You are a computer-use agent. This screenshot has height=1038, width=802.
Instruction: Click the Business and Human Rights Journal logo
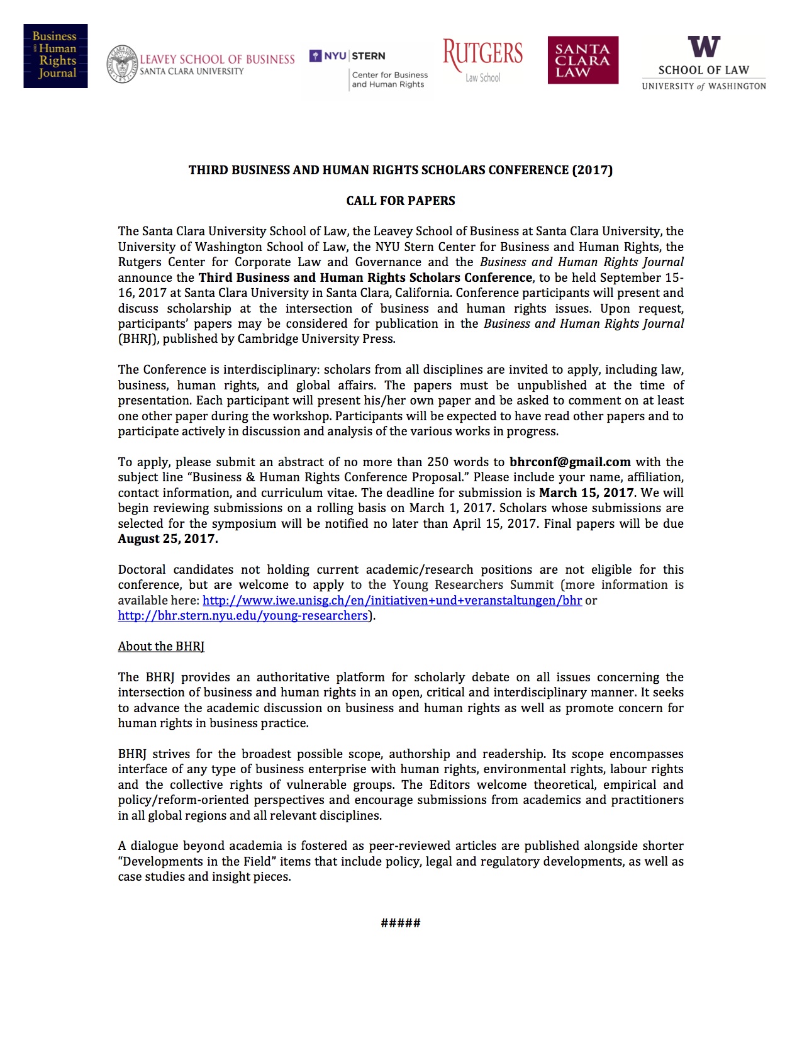[x=55, y=56]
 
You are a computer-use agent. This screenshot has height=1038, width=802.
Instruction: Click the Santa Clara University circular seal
[x=122, y=64]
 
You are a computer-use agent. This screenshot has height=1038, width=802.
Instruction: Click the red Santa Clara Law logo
[x=582, y=60]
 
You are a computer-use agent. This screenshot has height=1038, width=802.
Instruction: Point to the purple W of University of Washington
[x=704, y=47]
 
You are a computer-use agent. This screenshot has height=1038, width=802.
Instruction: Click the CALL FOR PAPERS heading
[x=401, y=201]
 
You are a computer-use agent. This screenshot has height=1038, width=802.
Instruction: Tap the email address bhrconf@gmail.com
[x=570, y=462]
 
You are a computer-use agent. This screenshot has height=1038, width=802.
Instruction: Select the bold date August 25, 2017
[x=168, y=539]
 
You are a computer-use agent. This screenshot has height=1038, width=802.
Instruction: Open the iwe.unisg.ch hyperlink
[x=392, y=600]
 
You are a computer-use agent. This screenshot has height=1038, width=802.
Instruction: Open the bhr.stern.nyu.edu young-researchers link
[x=243, y=616]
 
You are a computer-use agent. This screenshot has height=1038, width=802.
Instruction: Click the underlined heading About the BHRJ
[x=161, y=647]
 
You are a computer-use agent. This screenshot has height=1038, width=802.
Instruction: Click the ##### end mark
[x=401, y=923]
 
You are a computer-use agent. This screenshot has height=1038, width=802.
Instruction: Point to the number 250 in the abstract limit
[x=438, y=462]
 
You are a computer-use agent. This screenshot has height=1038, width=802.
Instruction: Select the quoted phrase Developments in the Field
[x=197, y=861]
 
